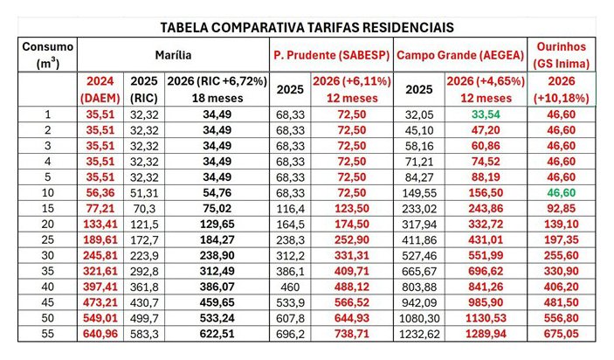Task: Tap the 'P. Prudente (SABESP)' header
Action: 332,54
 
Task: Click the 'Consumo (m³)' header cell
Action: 47,54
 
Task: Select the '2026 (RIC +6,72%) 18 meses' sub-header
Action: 217,88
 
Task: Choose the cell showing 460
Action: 290,285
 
